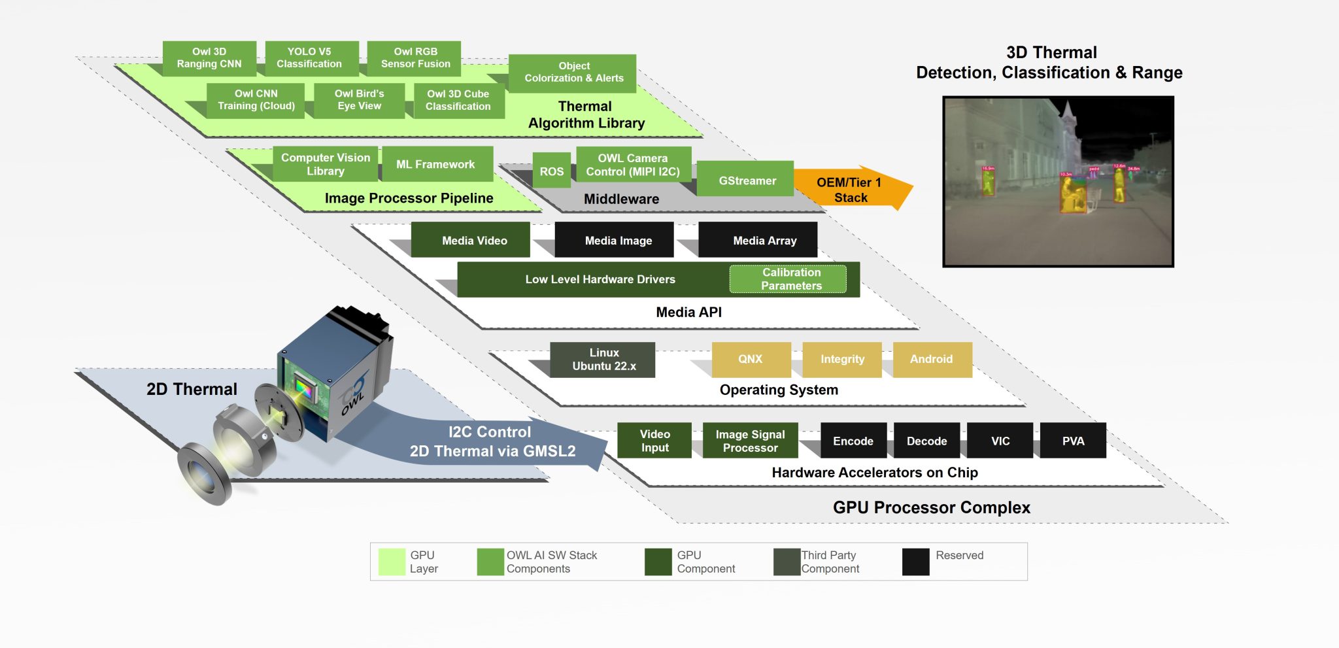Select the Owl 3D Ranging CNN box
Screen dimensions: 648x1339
pyautogui.click(x=209, y=58)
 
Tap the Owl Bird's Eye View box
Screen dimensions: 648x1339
pyautogui.click(x=359, y=100)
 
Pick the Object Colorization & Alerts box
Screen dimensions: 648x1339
pyautogui.click(x=573, y=72)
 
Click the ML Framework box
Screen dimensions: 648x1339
pyautogui.click(x=435, y=164)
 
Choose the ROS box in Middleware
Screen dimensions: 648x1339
pyautogui.click(x=551, y=171)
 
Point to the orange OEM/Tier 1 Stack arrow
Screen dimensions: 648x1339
pyautogui.click(x=851, y=190)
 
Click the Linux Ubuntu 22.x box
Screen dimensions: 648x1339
pyautogui.click(x=603, y=360)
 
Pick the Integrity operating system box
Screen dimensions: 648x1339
pyautogui.click(x=842, y=360)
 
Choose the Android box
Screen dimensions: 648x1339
pyautogui.click(x=932, y=360)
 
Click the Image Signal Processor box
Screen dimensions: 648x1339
pyautogui.click(x=750, y=441)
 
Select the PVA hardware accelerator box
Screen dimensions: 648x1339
pyautogui.click(x=1073, y=441)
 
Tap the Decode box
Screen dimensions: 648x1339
pyautogui.click(x=926, y=441)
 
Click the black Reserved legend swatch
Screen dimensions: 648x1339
pyautogui.click(x=915, y=562)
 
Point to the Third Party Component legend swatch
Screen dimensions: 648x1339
pyautogui.click(x=787, y=562)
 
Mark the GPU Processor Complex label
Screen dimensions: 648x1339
pyautogui.click(x=931, y=507)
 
